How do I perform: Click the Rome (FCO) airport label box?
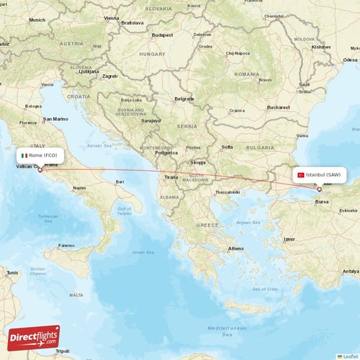pos(40,155)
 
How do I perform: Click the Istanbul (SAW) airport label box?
pos(318,174)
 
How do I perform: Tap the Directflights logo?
pos(33,337)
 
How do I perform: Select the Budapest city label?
pos(162,35)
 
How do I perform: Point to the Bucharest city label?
pos(277,107)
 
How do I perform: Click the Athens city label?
pos(235,248)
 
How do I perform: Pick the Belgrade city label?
pos(184,98)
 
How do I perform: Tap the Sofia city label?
pos(227,147)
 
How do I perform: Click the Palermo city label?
pos(66,246)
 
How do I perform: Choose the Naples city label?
pos(79,188)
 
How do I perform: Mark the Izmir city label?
pos(289,239)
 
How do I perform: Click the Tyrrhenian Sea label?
pos(48,217)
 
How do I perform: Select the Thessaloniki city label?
pos(228,192)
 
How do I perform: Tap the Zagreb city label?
pos(110,76)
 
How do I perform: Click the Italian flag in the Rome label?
pos(24,155)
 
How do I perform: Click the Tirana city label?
pos(171,176)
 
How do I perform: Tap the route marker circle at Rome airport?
pos(40,170)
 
